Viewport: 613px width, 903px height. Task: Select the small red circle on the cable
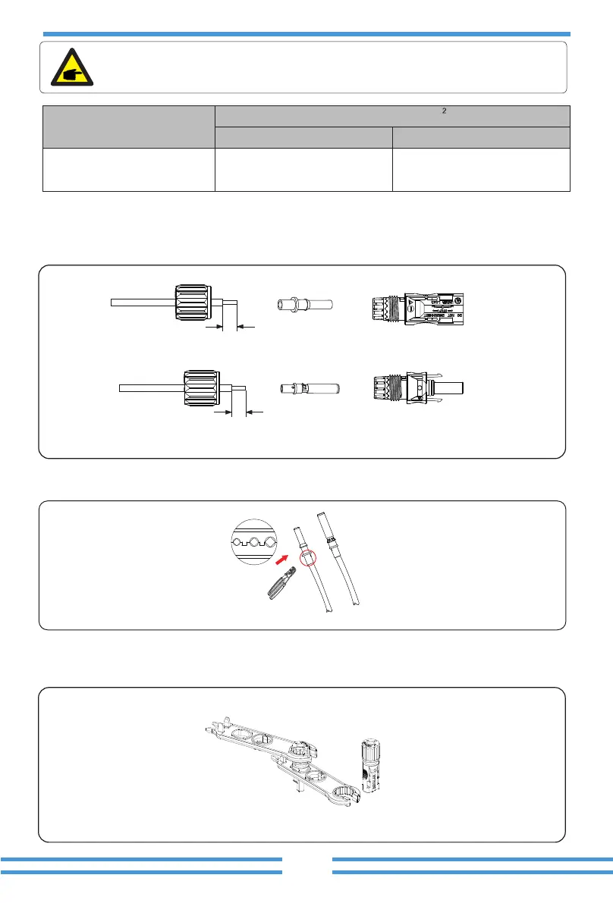308,560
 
